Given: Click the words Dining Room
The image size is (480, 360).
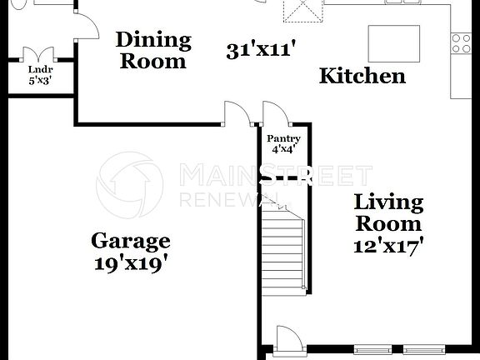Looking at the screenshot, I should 152,50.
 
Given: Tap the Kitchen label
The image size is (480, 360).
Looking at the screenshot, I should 362,76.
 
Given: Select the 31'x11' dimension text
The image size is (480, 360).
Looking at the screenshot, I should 262,50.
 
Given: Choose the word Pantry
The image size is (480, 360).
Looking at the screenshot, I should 283,138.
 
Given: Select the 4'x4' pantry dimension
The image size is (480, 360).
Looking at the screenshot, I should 283,150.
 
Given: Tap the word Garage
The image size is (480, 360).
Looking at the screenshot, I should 130,242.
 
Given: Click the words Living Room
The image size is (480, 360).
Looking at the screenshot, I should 388,212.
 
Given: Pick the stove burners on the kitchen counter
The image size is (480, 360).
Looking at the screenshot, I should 459,42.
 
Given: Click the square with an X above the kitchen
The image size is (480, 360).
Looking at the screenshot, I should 301,12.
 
